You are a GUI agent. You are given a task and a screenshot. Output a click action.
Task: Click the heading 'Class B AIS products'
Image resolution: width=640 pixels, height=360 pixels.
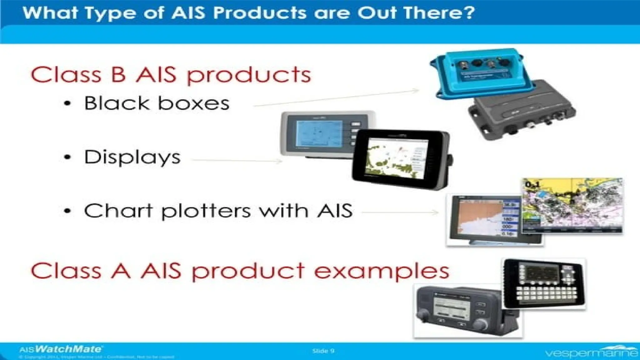coord(171,75)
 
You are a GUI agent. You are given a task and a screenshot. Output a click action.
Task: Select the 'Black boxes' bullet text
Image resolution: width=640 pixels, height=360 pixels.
coord(157,103)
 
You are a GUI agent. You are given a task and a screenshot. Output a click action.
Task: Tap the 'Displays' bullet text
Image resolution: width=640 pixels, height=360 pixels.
coord(132,157)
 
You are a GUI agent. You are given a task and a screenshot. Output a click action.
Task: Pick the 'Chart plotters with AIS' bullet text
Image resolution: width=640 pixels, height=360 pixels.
coord(218,211)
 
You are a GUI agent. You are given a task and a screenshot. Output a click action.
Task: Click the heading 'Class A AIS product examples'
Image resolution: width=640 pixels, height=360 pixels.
coord(240,271)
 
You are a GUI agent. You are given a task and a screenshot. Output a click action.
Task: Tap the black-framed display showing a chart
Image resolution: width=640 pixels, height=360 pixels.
coord(400,159)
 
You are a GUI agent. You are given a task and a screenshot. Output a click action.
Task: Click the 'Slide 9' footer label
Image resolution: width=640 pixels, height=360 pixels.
coord(323,351)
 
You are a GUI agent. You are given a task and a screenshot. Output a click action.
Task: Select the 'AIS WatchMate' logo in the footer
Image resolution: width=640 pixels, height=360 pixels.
coord(61,349)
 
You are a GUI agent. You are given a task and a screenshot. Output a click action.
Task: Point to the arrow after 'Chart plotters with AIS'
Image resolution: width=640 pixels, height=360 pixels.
coord(400,212)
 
